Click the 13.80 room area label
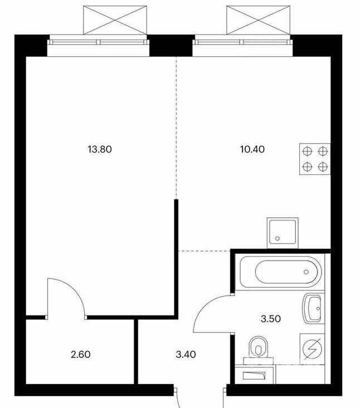[100, 149]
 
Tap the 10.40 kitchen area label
[252, 149]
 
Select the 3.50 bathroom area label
[271, 319]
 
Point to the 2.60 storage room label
[80, 355]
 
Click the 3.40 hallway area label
[186, 355]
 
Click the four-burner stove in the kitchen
[315, 159]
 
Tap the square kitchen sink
[283, 233]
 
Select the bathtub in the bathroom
[280, 272]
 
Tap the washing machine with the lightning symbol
[312, 348]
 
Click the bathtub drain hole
[306, 272]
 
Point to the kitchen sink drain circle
[277, 238]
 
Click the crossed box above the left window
[115, 20]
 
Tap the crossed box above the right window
[258, 20]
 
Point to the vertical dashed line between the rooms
[176, 127]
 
